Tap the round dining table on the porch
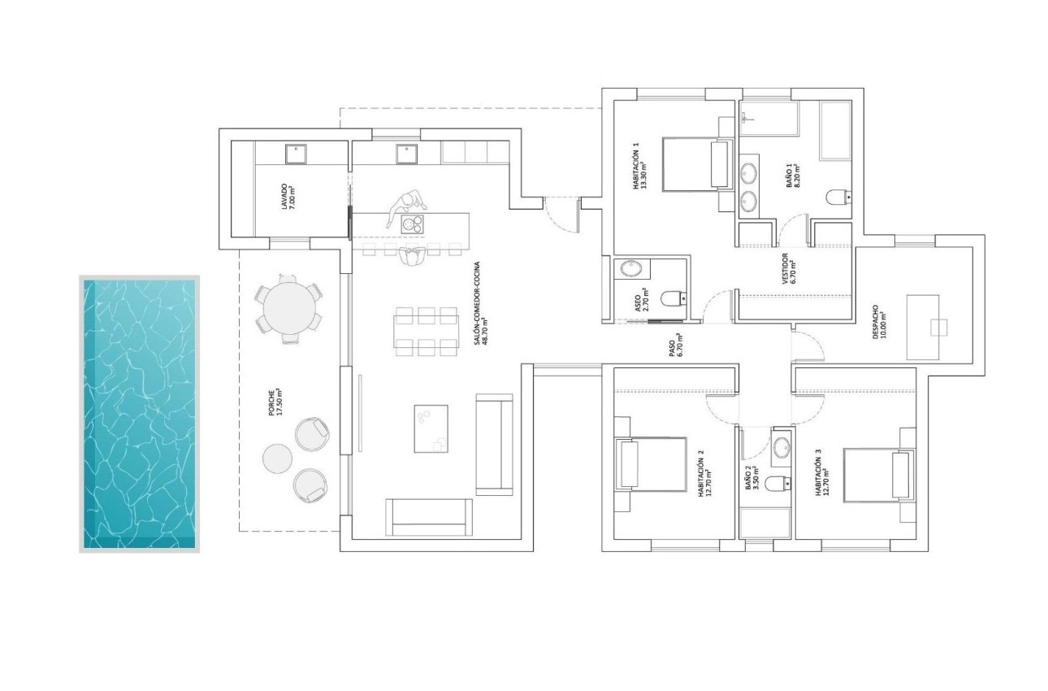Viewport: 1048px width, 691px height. click(x=287, y=308)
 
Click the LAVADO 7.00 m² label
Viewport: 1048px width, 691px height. click(x=288, y=197)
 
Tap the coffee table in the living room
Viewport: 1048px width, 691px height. click(x=431, y=428)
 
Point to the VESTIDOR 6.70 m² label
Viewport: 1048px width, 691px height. click(x=788, y=275)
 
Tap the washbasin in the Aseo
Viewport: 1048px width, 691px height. click(x=630, y=270)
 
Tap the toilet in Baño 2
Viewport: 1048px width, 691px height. click(x=778, y=483)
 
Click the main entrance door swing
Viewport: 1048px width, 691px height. click(x=559, y=214)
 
